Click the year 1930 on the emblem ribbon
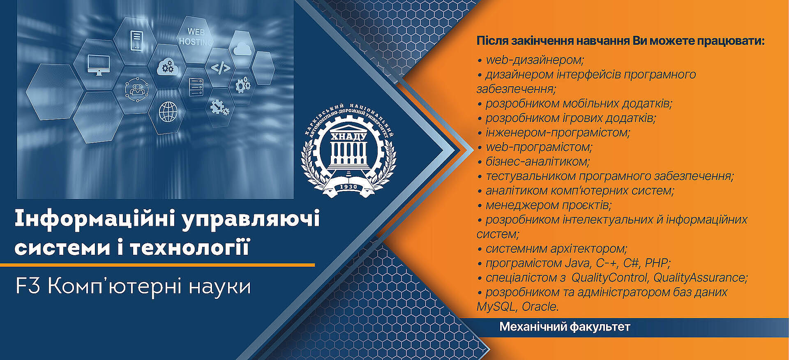click(348, 187)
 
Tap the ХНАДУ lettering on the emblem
click(348, 136)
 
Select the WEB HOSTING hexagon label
click(196, 37)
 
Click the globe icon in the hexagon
click(168, 112)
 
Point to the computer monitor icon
click(99, 65)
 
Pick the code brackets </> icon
click(221, 67)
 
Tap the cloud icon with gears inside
click(167, 67)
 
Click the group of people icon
click(137, 90)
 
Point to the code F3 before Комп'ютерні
click(28, 286)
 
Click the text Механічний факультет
click(565, 327)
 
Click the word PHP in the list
click(657, 263)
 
